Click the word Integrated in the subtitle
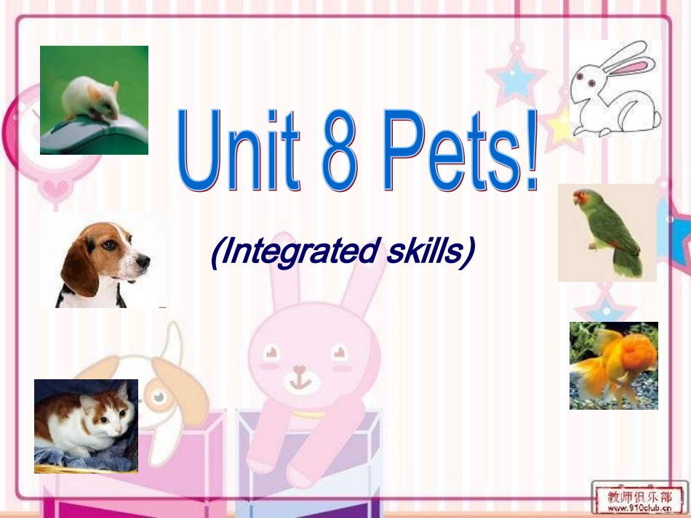click(291, 252)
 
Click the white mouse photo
click(94, 100)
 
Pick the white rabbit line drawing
click(615, 89)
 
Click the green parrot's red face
click(581, 198)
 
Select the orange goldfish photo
click(613, 365)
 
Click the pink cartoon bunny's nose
click(299, 368)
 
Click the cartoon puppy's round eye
click(158, 397)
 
